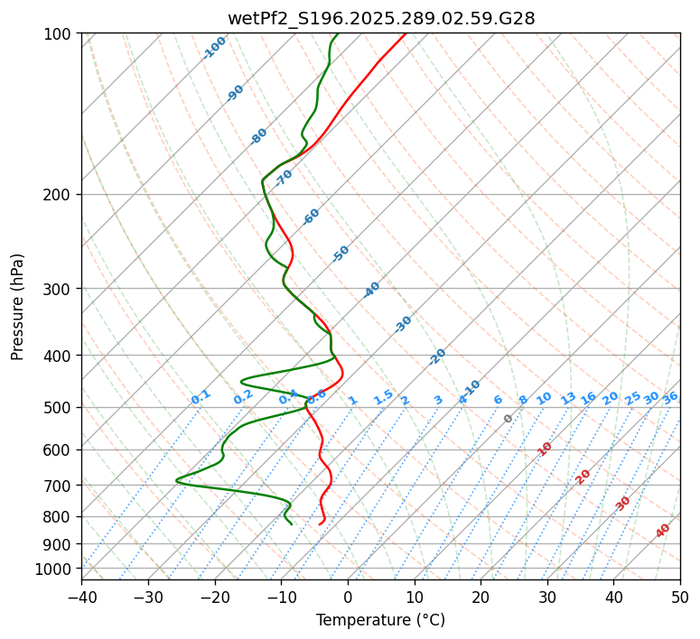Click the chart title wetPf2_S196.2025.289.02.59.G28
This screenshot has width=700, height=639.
click(380, 18)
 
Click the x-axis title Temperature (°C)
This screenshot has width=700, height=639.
click(380, 620)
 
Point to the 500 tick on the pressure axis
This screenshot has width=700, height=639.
click(61, 407)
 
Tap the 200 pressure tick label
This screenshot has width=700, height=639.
click(61, 194)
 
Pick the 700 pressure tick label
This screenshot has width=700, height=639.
click(61, 486)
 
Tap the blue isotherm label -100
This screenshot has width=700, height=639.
click(215, 48)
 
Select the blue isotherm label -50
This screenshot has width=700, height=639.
click(341, 254)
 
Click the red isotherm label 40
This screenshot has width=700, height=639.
click(663, 531)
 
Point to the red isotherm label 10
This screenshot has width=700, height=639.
click(545, 449)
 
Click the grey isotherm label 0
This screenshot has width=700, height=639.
click(509, 419)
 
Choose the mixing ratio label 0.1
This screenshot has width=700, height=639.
click(201, 396)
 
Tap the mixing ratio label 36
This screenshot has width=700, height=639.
click(670, 397)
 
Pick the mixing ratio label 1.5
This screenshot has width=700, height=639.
click(383, 396)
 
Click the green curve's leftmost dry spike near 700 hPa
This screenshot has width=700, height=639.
click(177, 480)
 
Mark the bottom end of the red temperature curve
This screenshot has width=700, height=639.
click(320, 523)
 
